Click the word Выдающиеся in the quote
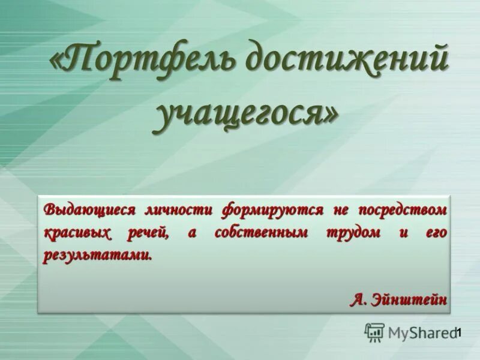click(89, 211)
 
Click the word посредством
click(403, 211)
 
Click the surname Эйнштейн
click(412, 299)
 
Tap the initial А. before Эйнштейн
click(359, 299)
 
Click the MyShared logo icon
click(375, 332)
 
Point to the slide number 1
click(458, 332)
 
